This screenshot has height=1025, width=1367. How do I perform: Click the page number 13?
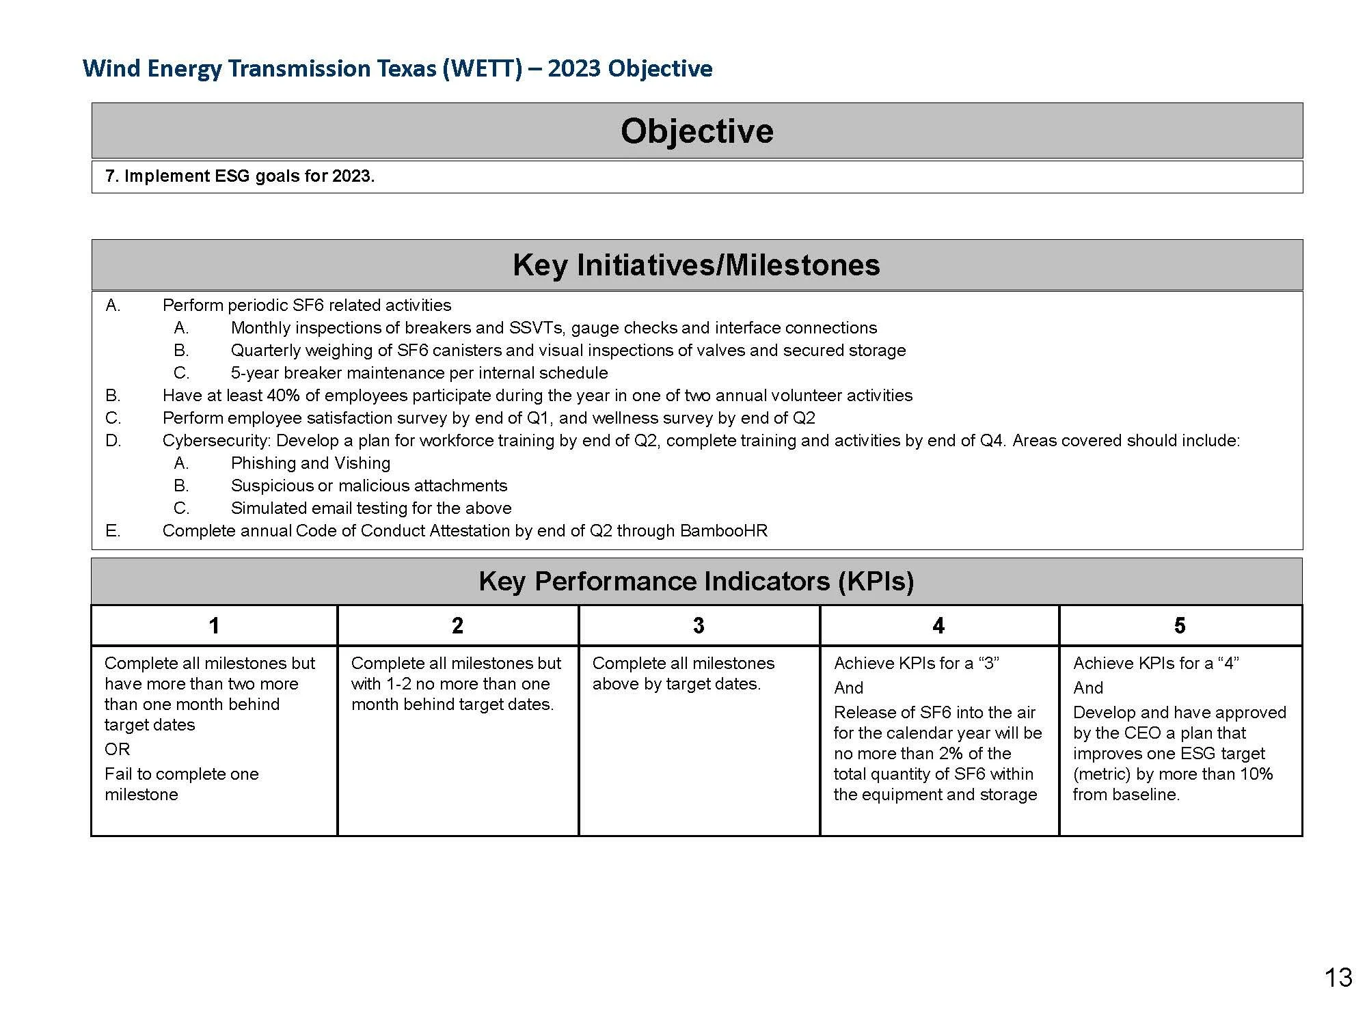tap(1338, 978)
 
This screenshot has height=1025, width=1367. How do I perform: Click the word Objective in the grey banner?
tap(696, 131)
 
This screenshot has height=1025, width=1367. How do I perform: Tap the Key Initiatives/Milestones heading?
tap(696, 265)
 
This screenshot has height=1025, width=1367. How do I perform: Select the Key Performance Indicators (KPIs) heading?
tap(696, 582)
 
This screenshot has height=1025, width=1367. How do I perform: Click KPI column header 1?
tap(214, 625)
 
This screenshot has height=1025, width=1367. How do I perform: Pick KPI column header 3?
tap(698, 625)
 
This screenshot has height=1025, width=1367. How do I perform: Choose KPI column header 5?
tap(1180, 625)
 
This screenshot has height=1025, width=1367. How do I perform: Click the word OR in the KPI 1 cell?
tap(117, 750)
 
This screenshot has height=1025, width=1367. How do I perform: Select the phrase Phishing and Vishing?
tap(310, 463)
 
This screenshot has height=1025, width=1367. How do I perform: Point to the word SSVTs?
tap(537, 328)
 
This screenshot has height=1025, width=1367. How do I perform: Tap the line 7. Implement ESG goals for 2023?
tap(240, 176)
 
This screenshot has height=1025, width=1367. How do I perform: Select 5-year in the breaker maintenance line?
tap(255, 373)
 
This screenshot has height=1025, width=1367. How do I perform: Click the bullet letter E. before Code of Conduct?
tap(113, 531)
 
